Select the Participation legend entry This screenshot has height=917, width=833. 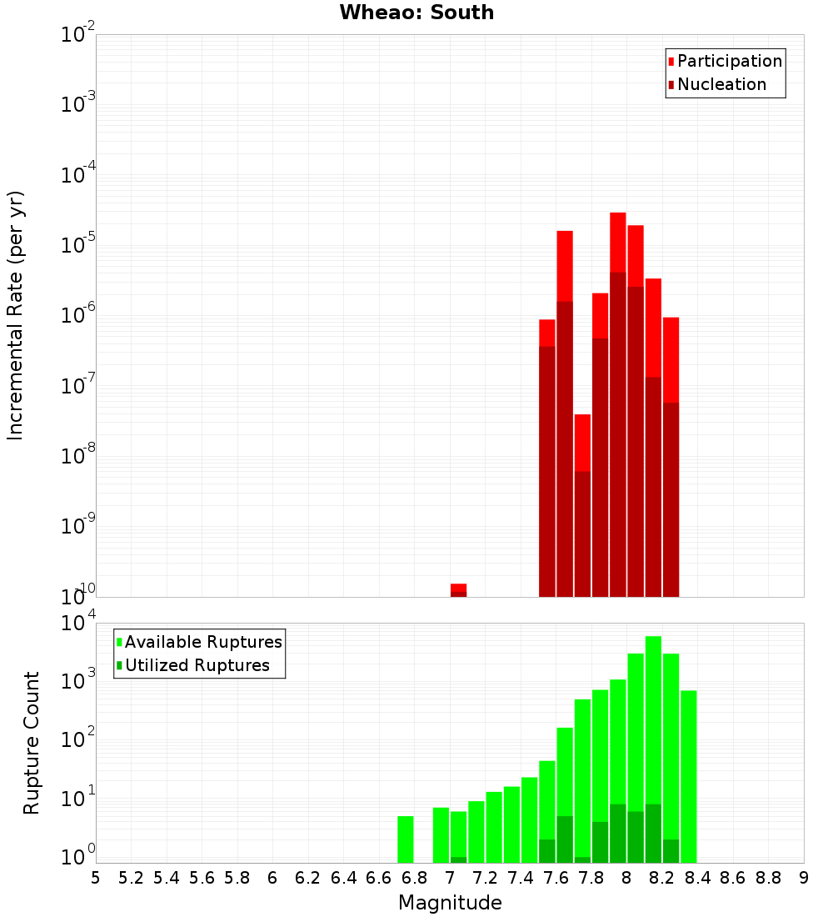(x=725, y=62)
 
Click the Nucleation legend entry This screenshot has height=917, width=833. (x=716, y=85)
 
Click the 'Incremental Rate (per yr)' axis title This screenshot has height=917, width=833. (x=16, y=315)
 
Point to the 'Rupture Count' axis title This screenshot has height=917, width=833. (x=32, y=743)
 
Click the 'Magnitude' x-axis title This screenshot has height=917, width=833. (x=450, y=903)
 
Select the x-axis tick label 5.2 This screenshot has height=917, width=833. (x=132, y=878)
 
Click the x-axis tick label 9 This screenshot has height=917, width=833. (x=803, y=878)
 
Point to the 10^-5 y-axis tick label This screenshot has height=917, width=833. (x=78, y=245)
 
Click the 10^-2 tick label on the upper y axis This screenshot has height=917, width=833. (x=78, y=35)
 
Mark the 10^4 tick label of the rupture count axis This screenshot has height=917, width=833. (x=78, y=624)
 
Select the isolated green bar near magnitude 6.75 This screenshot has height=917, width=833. (x=406, y=839)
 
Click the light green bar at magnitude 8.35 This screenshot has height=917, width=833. (x=689, y=775)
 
